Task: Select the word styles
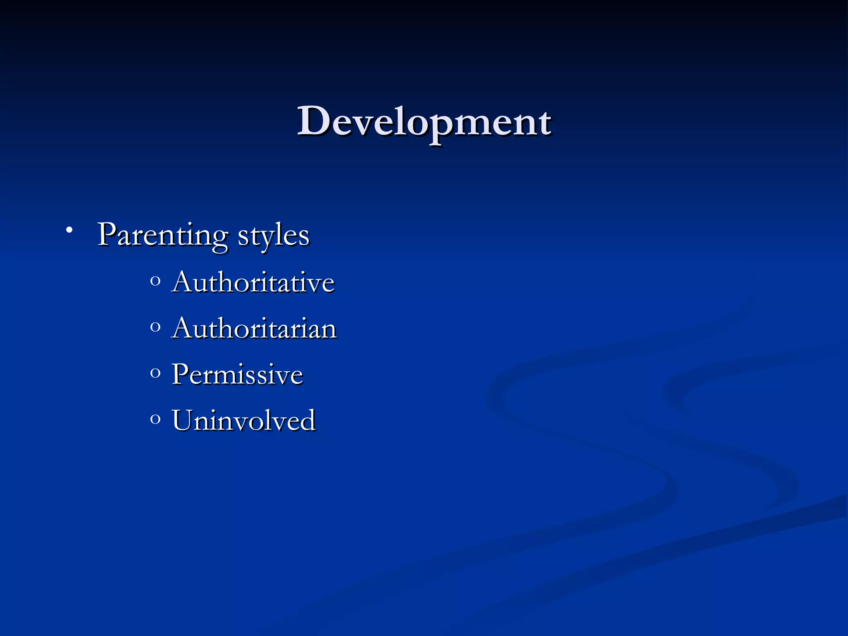coord(273,236)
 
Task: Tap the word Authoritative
coord(253,282)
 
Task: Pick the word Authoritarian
coord(254,329)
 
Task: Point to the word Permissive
coord(237,374)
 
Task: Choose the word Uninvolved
coord(243,420)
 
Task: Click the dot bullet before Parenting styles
coord(69,230)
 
